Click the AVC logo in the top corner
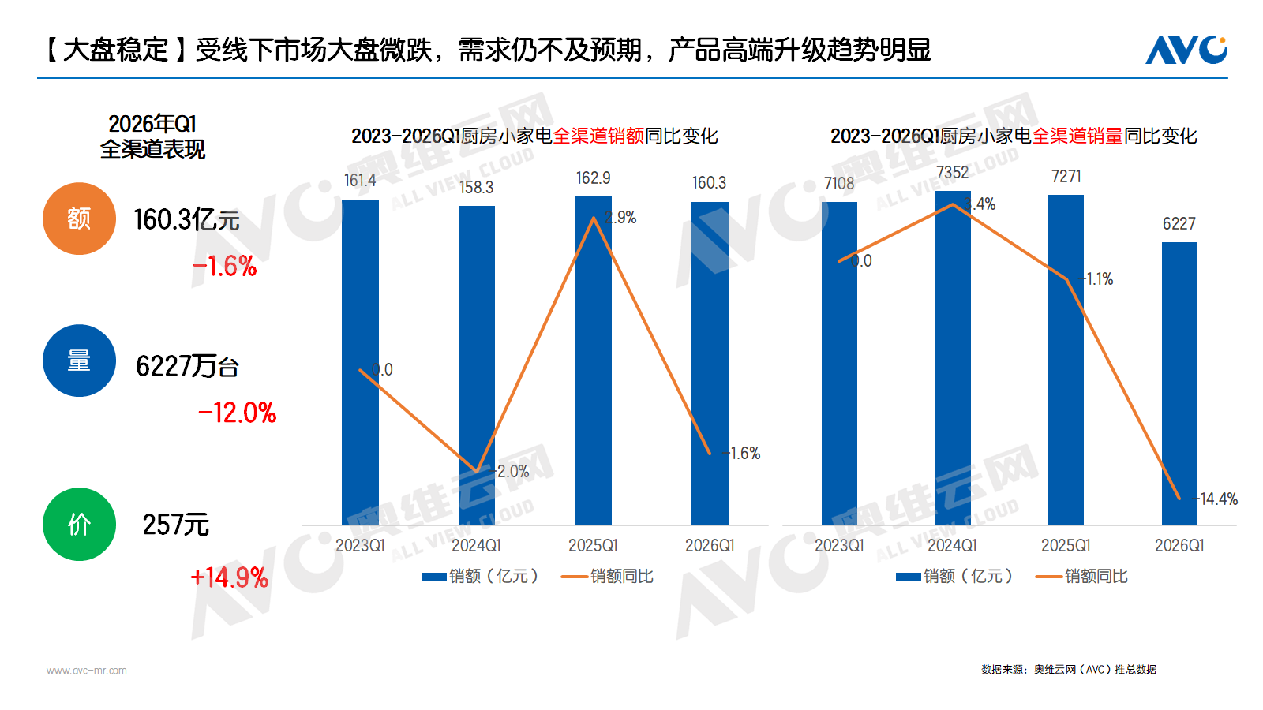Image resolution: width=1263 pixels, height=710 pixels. (x=1186, y=50)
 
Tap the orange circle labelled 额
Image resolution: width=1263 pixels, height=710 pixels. (x=79, y=219)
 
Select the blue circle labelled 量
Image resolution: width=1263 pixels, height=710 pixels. (x=79, y=361)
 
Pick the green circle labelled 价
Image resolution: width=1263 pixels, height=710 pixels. (x=79, y=524)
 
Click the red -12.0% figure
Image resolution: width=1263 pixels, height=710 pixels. (x=238, y=413)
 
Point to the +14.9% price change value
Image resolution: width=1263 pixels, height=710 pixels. (x=230, y=577)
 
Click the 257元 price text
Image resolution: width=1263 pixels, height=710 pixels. (x=175, y=525)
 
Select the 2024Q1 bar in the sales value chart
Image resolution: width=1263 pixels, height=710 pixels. (x=477, y=363)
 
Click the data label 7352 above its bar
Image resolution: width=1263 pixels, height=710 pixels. (x=952, y=172)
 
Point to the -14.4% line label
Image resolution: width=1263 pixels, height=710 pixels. (x=1216, y=499)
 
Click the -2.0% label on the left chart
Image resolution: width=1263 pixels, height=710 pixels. (x=512, y=471)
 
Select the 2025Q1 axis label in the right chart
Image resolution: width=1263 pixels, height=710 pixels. (x=1066, y=545)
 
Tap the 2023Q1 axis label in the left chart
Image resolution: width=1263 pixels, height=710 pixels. (x=360, y=545)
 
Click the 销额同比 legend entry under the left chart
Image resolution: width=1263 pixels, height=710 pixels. (x=607, y=576)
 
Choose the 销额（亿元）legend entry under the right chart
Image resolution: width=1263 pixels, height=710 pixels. (x=954, y=576)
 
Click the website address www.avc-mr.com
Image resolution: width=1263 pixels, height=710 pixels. (x=87, y=671)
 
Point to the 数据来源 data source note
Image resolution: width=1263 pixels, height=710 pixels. (x=1068, y=669)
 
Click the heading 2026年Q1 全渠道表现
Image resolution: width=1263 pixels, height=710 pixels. (x=152, y=136)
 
